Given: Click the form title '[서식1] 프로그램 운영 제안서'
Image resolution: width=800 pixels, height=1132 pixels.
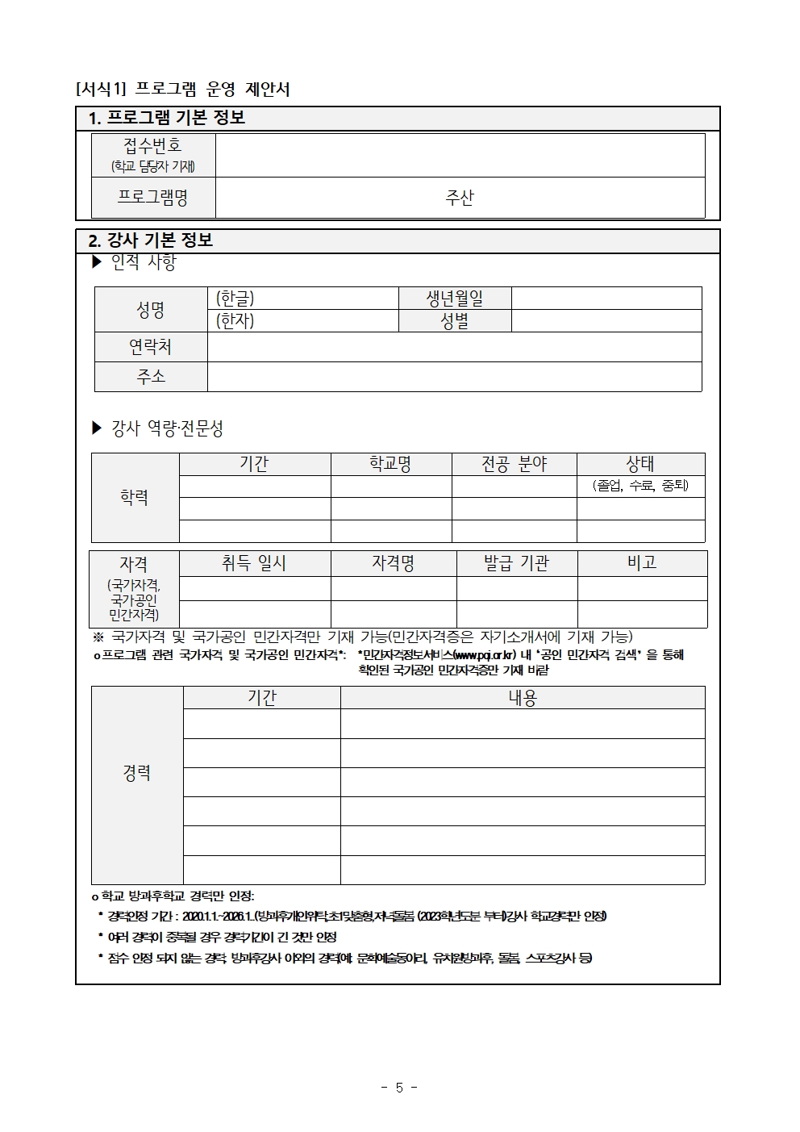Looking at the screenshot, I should tap(183, 89).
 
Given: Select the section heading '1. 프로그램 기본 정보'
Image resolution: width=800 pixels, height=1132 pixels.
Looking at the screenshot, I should tap(167, 118).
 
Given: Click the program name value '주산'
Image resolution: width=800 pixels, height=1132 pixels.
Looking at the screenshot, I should tap(460, 198).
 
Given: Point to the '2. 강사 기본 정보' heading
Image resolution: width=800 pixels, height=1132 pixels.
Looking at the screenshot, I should tap(151, 240).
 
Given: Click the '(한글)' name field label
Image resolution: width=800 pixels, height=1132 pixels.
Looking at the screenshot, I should tap(235, 299).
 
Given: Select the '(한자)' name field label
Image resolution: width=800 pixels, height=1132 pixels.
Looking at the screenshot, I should tap(235, 320).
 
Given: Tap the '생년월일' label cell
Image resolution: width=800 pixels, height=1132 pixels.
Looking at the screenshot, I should tap(455, 299).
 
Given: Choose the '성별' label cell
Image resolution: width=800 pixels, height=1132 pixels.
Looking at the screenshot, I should tap(455, 320).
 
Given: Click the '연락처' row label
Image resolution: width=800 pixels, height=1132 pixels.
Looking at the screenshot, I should tap(151, 347).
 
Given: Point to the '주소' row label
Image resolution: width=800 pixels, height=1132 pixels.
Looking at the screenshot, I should tap(151, 376).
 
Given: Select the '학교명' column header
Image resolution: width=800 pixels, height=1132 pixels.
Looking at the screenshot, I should tap(390, 464).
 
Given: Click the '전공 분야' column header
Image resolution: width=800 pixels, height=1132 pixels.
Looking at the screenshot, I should tap(514, 464).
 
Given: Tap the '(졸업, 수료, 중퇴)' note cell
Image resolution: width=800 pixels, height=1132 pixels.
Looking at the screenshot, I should tap(640, 486).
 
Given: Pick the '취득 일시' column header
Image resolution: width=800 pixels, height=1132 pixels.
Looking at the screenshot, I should tap(254, 563).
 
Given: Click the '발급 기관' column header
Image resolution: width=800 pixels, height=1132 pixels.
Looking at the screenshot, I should tap(516, 563).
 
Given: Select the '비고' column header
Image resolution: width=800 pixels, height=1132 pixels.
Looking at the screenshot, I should tap(642, 563).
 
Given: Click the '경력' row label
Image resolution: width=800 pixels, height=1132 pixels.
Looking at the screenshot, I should tap(137, 773).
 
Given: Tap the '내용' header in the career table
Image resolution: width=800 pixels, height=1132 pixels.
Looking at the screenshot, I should tap(523, 698).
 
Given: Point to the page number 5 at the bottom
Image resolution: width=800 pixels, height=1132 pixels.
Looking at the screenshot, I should tap(399, 1088).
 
